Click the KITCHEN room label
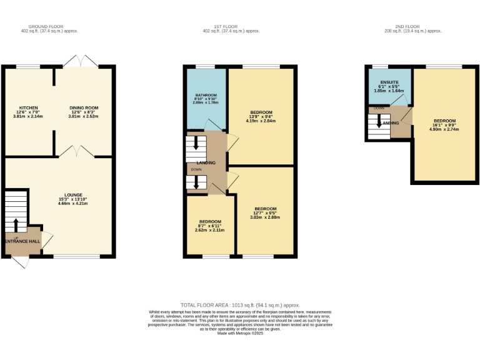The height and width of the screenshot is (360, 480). click(x=28, y=107)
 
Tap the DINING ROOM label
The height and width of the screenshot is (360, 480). click(x=83, y=107)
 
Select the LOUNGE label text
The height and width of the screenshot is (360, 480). click(x=73, y=195)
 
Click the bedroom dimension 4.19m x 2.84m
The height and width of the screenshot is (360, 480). click(x=261, y=121)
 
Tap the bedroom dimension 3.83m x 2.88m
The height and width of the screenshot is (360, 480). click(x=265, y=217)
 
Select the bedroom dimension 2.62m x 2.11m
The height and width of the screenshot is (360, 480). click(x=210, y=230)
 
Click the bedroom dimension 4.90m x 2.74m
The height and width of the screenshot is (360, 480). click(x=444, y=129)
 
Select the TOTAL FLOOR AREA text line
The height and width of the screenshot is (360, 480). click(x=240, y=304)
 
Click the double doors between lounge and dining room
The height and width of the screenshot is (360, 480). click(x=77, y=151)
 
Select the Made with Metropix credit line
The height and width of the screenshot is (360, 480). click(x=240, y=333)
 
